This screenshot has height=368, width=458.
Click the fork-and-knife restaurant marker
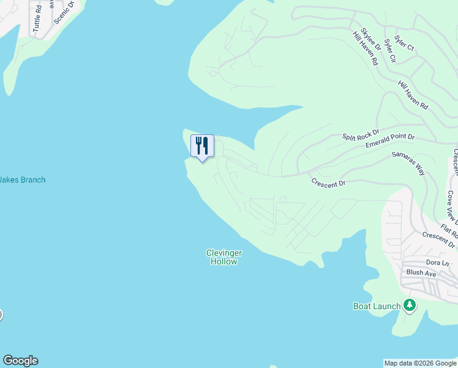click(202, 146)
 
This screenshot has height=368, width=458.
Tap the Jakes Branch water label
click(23, 180)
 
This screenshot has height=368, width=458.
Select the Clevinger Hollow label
click(223, 257)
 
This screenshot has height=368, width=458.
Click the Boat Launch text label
click(377, 306)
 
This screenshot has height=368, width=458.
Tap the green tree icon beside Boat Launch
click(410, 305)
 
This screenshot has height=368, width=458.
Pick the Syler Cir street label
click(389, 52)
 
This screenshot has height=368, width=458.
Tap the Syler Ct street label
click(404, 42)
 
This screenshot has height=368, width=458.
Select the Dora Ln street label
click(437, 263)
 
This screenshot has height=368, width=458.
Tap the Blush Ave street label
click(421, 273)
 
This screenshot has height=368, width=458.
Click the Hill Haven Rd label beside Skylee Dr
click(366, 48)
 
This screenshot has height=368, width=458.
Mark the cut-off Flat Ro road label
click(449, 232)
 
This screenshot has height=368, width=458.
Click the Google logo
click(20, 361)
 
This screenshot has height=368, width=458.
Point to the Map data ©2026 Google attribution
click(421, 363)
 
